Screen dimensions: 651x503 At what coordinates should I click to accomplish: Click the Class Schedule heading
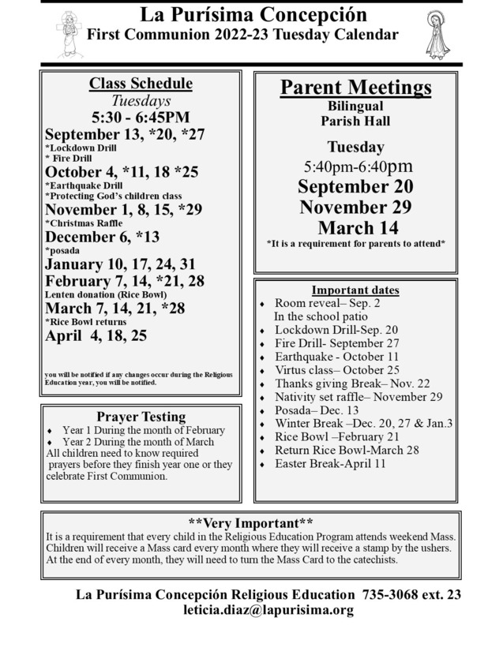coord(141,84)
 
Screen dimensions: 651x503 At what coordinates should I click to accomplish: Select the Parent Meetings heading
coord(355,87)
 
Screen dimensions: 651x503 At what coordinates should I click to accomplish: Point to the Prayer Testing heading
coord(141,417)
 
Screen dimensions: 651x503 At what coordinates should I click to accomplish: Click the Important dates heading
coord(355,289)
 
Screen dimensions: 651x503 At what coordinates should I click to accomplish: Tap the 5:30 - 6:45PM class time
coord(141,118)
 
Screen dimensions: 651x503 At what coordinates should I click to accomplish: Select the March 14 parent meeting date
coord(355,227)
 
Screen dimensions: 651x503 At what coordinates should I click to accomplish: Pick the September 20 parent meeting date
coord(355,187)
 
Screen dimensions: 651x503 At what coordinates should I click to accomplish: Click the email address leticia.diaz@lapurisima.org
coord(267,610)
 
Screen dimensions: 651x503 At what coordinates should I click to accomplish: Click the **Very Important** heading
coord(251,522)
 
